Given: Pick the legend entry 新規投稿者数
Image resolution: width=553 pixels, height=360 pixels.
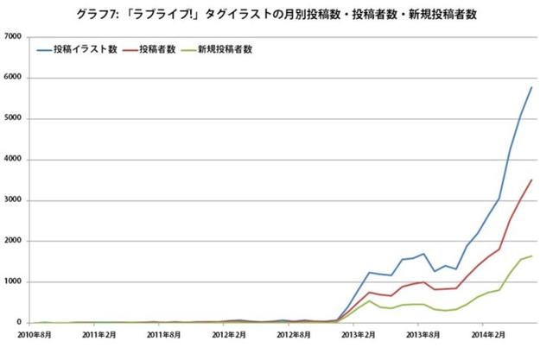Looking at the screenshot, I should tap(226, 50).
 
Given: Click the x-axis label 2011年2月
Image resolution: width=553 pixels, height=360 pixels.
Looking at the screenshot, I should tap(101, 334).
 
